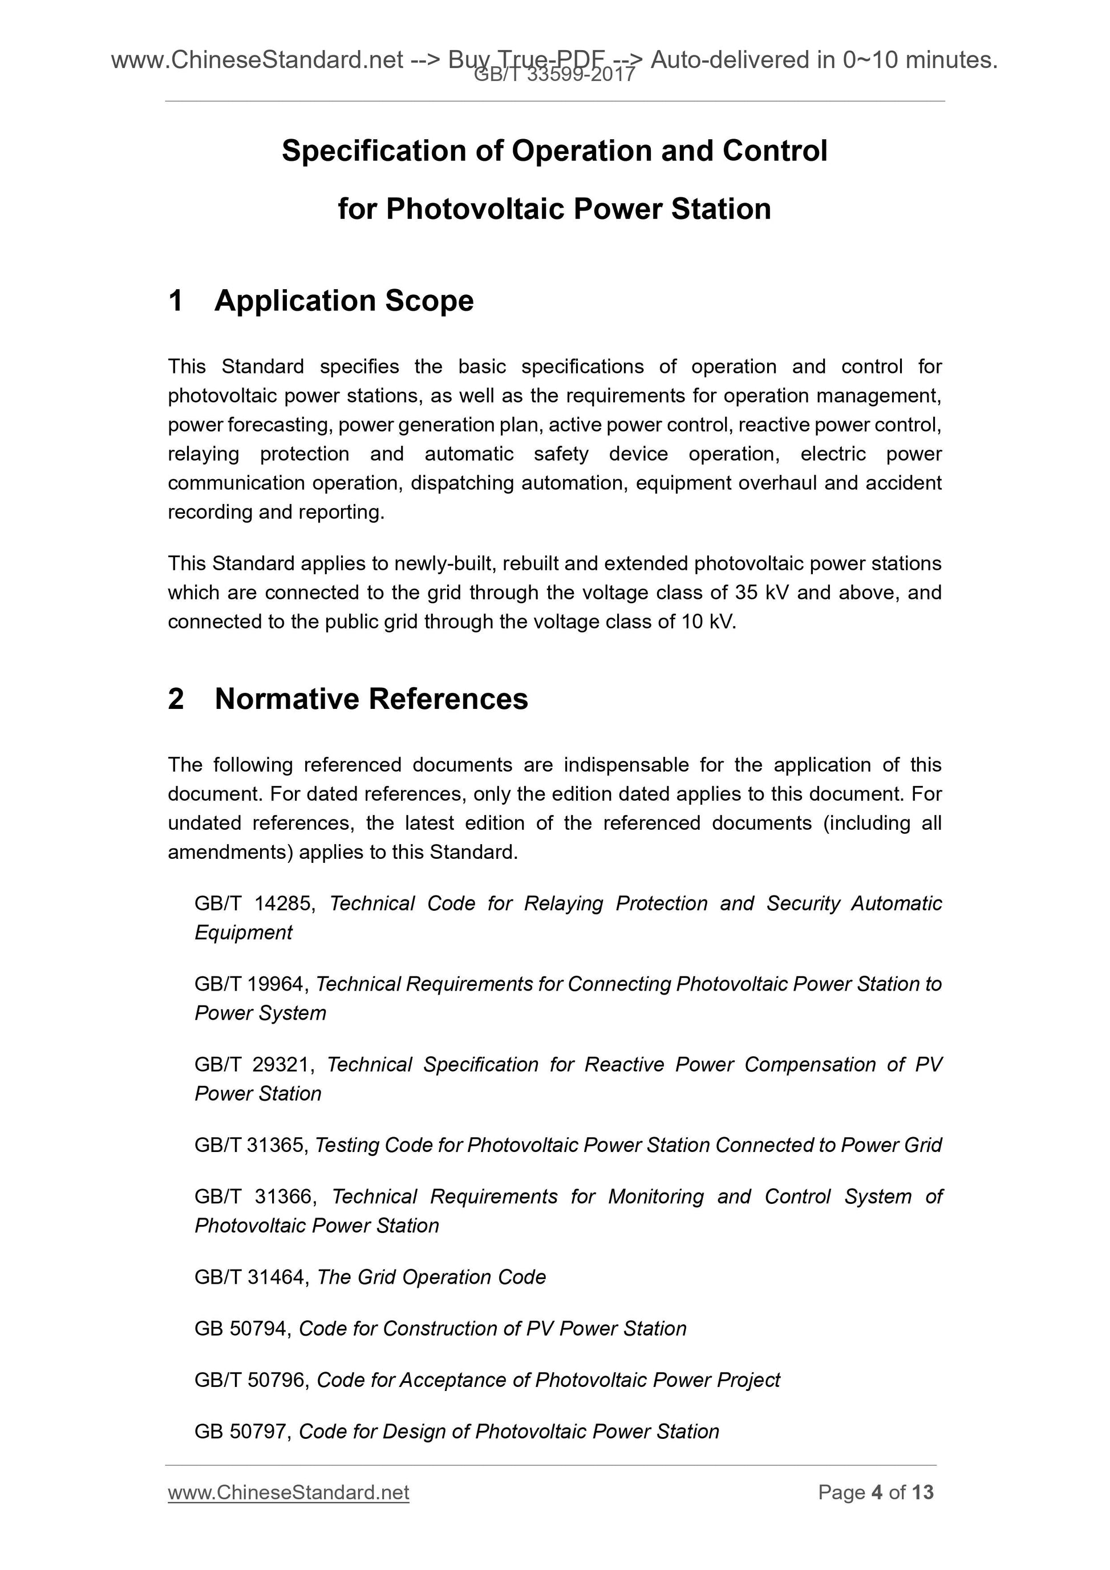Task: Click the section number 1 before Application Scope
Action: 176,301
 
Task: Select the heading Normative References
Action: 371,699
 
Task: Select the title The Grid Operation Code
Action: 432,1277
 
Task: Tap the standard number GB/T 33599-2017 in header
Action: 554,75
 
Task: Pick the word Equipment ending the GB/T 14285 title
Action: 244,932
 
